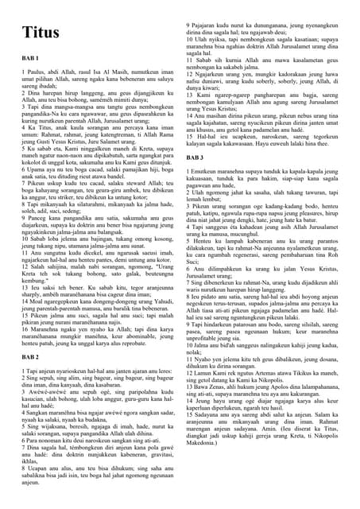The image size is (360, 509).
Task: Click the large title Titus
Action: pos(41,33)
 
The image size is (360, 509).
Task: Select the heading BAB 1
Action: pos(31,60)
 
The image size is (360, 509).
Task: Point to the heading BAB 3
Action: pos(195,157)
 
